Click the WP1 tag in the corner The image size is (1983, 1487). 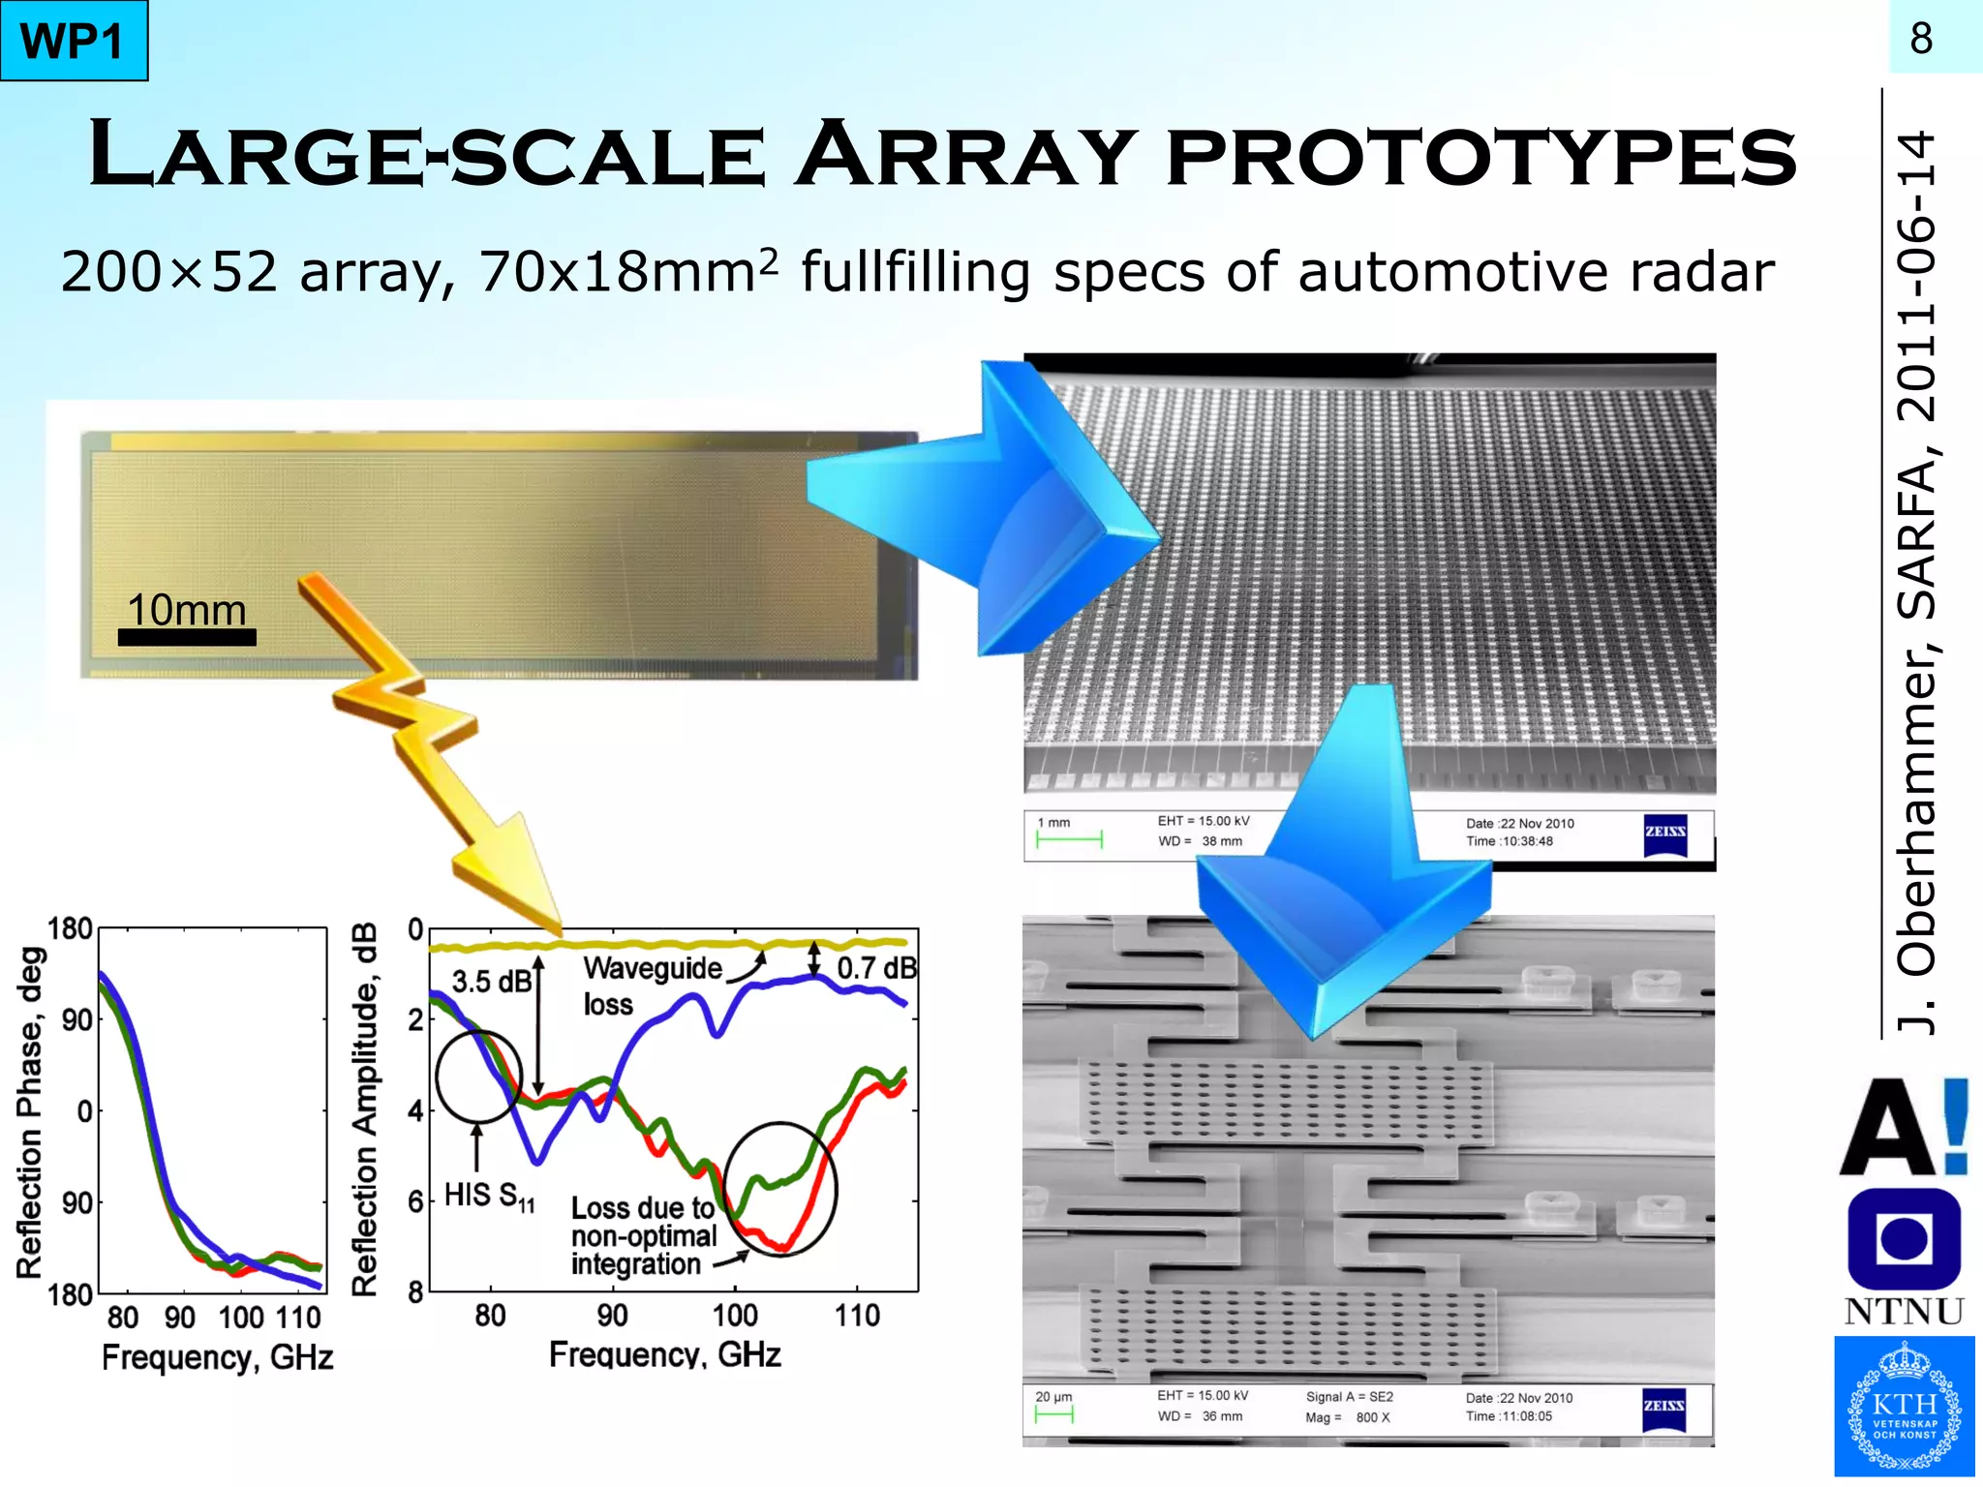click(74, 41)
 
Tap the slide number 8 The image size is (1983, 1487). click(1921, 39)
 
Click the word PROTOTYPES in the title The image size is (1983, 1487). click(1481, 155)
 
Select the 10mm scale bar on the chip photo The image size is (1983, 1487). click(187, 636)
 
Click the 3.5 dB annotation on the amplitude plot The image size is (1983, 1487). click(491, 982)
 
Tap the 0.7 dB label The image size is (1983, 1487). click(875, 967)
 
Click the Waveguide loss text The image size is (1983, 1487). click(651, 985)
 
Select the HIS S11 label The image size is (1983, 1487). click(489, 1197)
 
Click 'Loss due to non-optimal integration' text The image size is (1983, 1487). click(643, 1236)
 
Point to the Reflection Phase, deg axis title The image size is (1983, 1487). click(31, 1113)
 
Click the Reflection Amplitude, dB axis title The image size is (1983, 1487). click(364, 1109)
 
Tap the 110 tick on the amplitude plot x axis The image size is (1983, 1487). click(857, 1315)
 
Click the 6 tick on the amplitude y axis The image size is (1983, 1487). click(415, 1201)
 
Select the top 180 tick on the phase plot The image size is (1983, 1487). click(70, 929)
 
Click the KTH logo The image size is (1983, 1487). click(1904, 1406)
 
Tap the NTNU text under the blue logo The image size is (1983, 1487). click(1904, 1312)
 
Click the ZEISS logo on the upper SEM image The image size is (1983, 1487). click(1665, 834)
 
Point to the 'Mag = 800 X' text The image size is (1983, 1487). click(1347, 1417)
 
